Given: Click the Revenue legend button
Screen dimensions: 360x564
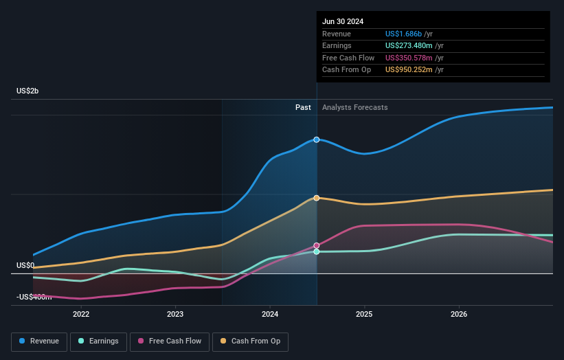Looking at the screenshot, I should (39, 341).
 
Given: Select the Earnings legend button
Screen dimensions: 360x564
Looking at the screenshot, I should (98, 341).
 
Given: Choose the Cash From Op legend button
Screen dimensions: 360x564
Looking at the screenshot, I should (251, 341).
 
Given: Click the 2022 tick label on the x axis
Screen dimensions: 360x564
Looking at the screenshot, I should (81, 314).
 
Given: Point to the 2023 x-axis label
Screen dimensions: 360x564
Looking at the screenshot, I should (175, 314).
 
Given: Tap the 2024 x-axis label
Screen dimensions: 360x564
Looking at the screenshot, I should (270, 314).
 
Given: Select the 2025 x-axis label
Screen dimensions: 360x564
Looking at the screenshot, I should (364, 314).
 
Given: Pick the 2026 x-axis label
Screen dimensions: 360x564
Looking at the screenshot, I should (459, 314).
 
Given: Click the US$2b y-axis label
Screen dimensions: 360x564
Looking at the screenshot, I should (28, 91).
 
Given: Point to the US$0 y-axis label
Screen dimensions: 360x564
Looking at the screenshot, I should (25, 265).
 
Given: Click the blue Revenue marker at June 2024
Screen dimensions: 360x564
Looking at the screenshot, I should (317, 139).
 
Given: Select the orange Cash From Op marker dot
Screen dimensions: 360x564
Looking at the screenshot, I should (317, 198).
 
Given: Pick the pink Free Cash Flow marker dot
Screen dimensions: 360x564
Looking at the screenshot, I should (317, 245).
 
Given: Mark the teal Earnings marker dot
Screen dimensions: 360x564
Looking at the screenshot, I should (317, 252).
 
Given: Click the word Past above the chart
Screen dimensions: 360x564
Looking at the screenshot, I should (303, 107).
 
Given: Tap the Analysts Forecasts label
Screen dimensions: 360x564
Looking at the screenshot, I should (354, 107).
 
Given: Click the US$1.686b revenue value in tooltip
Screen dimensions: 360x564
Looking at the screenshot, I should (403, 34).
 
